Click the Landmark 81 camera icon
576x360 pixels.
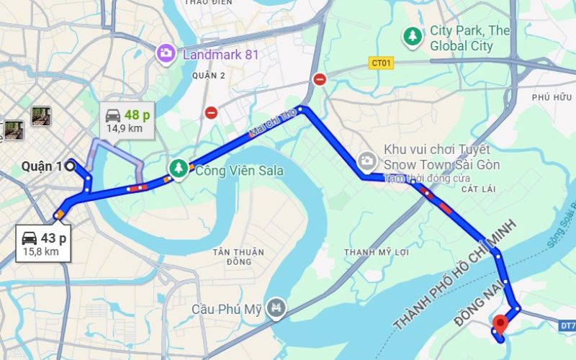coord(166,53)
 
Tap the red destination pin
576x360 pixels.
coord(500,323)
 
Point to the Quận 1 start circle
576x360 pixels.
coord(70,166)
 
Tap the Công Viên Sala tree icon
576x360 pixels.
coord(178,168)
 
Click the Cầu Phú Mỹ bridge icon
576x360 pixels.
coord(276,309)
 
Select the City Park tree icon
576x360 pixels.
coord(412,36)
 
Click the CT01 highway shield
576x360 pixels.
coord(382,63)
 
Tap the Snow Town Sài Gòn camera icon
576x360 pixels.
coord(366,159)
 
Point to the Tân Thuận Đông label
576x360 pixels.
coord(238,257)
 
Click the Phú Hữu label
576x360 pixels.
coord(550,97)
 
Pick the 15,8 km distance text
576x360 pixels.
coord(41,251)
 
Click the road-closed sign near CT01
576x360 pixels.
coord(320,79)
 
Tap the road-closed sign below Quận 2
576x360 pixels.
coord(211,112)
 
